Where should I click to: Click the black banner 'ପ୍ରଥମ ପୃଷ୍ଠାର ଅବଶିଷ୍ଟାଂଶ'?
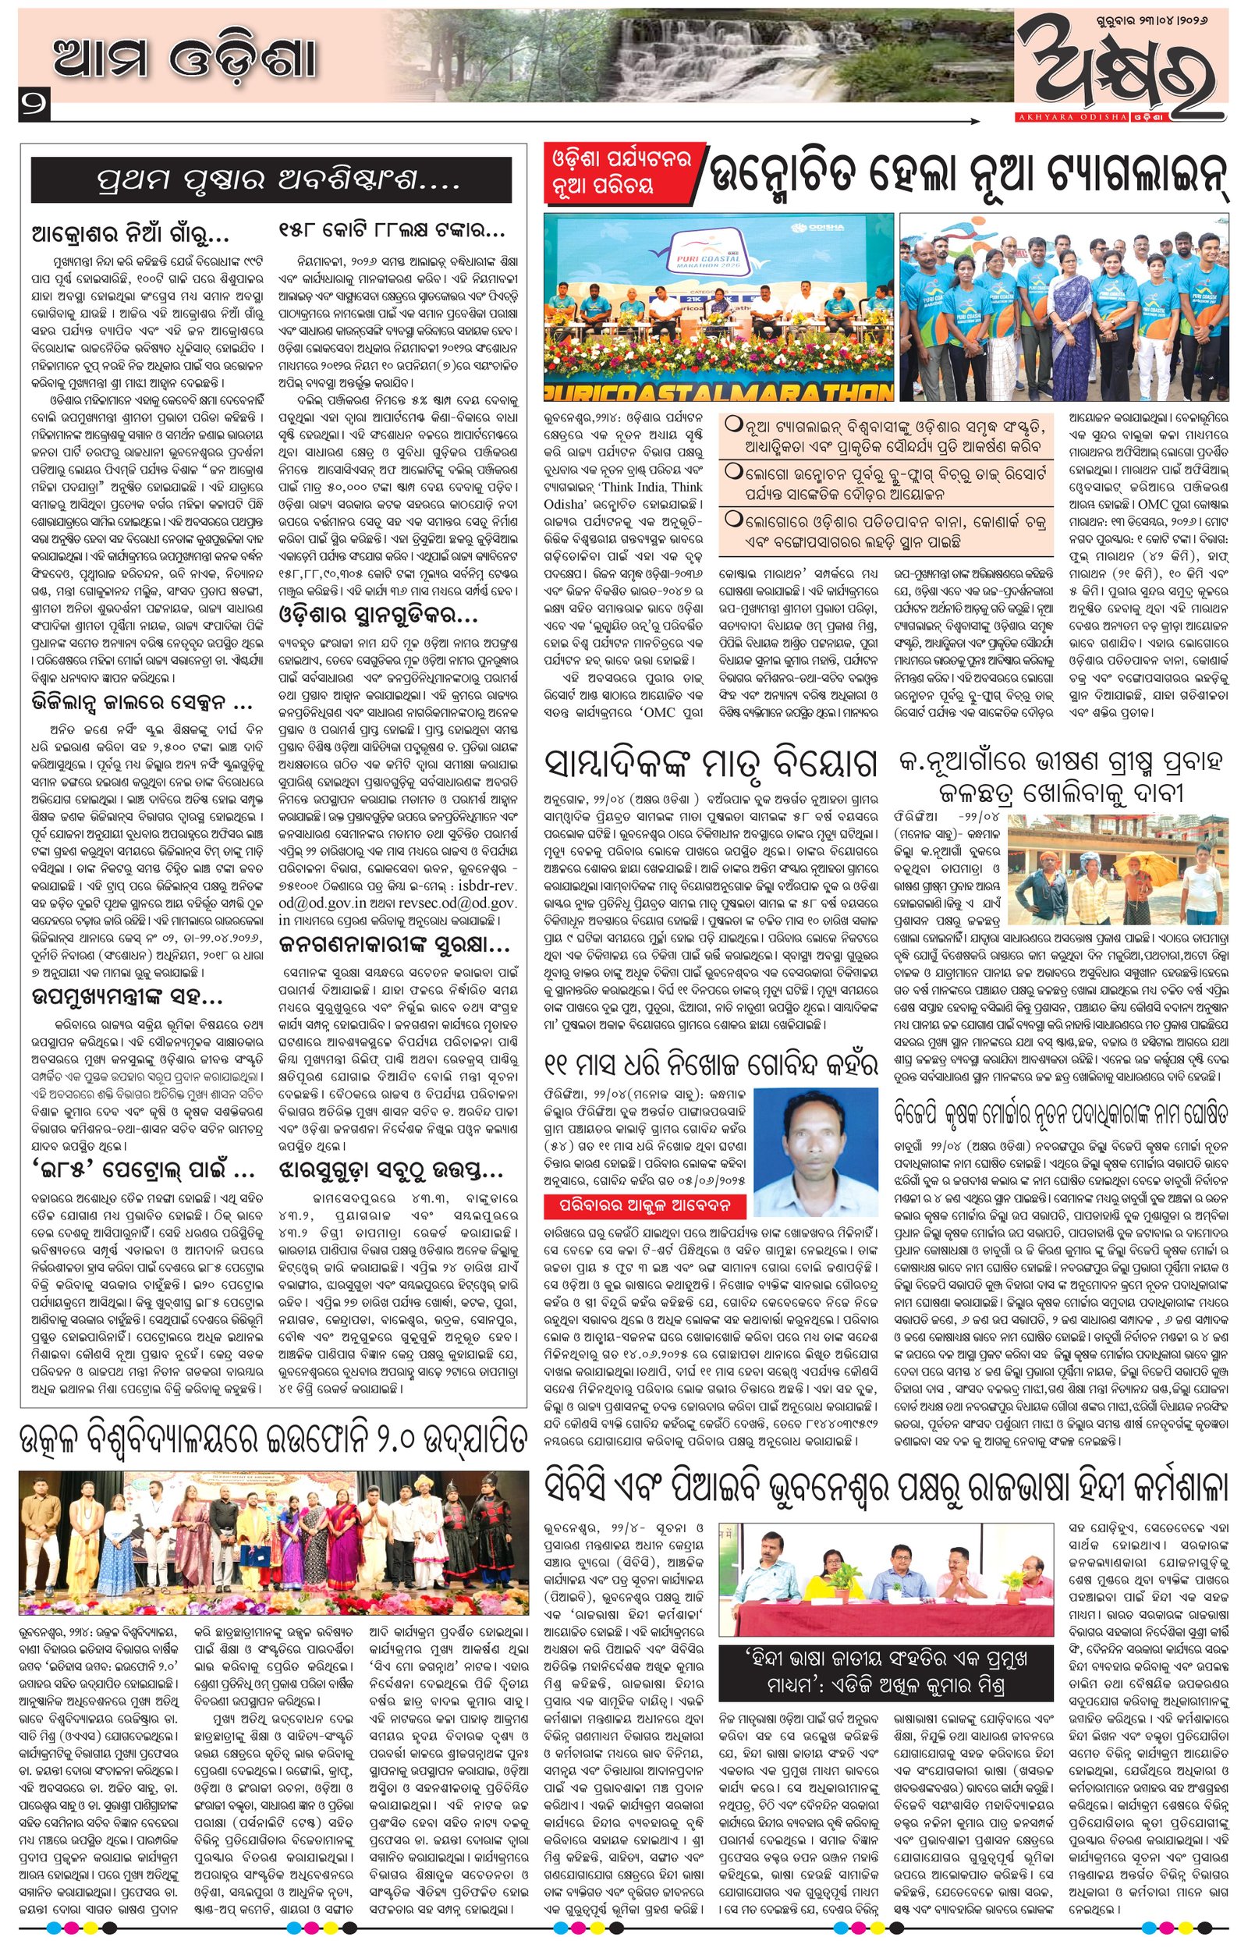click(x=271, y=179)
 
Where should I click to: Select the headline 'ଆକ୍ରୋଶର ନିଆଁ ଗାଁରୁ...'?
click(x=129, y=236)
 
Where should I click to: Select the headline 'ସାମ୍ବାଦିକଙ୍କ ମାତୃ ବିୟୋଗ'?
click(x=713, y=762)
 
